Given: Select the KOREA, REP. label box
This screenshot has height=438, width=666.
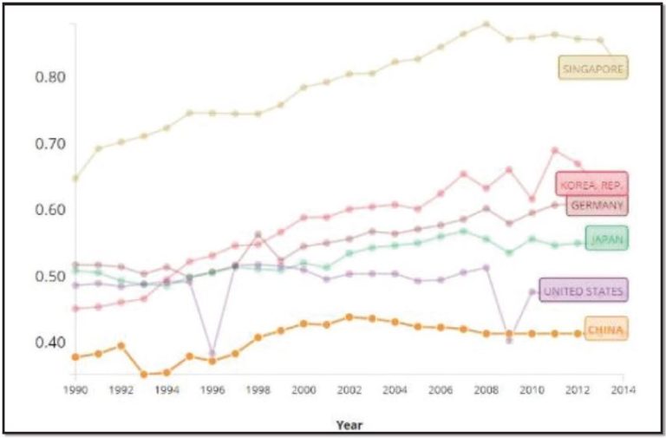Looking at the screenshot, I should click(x=591, y=185).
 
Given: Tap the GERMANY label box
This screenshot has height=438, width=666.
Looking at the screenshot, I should click(x=596, y=206).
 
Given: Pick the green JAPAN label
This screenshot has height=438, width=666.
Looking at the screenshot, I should click(x=607, y=239).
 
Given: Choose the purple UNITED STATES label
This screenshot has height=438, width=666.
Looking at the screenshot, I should click(x=583, y=291).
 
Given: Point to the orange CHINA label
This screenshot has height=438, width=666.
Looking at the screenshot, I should click(x=605, y=330).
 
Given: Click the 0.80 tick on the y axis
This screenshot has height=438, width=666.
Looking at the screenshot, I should click(x=50, y=77).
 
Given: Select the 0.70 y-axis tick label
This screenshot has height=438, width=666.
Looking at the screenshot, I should click(x=50, y=144).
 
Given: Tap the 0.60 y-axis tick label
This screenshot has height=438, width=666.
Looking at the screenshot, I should click(x=50, y=210).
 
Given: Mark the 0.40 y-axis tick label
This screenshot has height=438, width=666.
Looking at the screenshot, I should click(x=50, y=343).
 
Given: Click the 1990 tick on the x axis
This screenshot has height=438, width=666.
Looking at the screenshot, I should click(x=76, y=389).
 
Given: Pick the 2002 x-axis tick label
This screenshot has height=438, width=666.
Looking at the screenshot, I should click(x=349, y=389).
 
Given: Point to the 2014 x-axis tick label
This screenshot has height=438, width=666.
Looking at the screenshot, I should click(x=621, y=389).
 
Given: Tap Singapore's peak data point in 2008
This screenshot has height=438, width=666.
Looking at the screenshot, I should click(x=486, y=24).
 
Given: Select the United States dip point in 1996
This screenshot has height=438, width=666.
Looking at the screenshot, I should click(x=212, y=353).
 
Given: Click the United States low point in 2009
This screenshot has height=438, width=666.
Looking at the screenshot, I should click(x=508, y=340).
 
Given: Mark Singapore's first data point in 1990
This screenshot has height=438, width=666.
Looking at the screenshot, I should click(x=76, y=178).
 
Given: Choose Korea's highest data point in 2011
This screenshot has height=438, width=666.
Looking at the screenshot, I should click(x=554, y=150).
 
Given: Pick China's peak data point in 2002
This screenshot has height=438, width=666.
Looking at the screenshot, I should click(x=349, y=317).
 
